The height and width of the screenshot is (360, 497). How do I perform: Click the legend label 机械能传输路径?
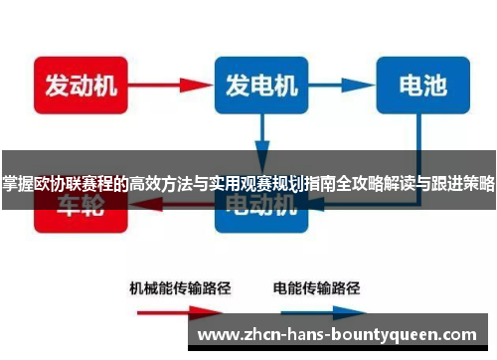pyautogui.click(x=180, y=289)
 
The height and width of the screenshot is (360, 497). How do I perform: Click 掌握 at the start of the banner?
pyautogui.click(x=16, y=182)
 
